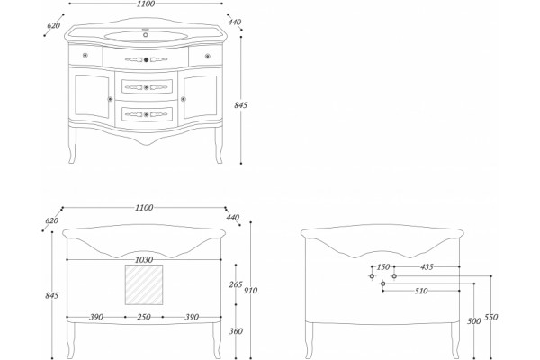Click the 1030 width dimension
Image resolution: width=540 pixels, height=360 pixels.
144,260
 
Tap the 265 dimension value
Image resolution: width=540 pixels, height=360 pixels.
236,284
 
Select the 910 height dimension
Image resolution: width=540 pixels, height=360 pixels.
250,291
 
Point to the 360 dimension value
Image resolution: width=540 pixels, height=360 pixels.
236,331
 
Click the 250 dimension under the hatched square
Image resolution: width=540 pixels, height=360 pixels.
144,317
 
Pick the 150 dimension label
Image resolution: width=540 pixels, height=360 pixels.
383,267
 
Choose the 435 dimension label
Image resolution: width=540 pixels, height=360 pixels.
427,267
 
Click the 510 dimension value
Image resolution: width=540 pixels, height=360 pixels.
421,291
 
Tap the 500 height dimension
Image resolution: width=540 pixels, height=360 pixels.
474,321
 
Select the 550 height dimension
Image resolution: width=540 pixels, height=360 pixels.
490,317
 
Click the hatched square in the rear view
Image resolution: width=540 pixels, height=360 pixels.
144,284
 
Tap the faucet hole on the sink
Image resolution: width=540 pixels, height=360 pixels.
145,34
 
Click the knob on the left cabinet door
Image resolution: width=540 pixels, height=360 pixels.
110,99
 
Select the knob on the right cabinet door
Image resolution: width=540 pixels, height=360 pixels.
184,99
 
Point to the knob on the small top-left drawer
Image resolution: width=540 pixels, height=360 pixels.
85,55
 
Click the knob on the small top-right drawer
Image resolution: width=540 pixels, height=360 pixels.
207,56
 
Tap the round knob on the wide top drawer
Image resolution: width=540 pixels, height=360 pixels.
146,59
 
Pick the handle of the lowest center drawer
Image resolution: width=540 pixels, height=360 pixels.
147,114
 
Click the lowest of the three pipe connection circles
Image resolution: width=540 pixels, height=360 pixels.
383,283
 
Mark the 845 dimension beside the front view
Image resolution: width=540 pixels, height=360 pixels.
240,105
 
